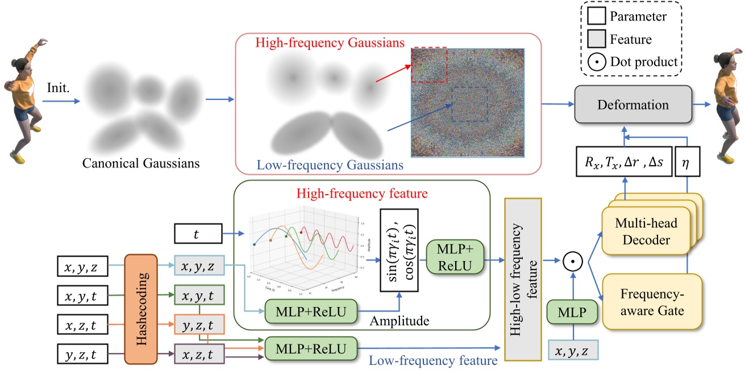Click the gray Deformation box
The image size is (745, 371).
(x=634, y=104)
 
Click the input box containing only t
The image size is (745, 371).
(x=196, y=233)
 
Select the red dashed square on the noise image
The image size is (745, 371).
(x=430, y=65)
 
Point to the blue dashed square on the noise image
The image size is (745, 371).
(x=470, y=104)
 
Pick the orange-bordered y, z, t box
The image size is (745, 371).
(x=199, y=326)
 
